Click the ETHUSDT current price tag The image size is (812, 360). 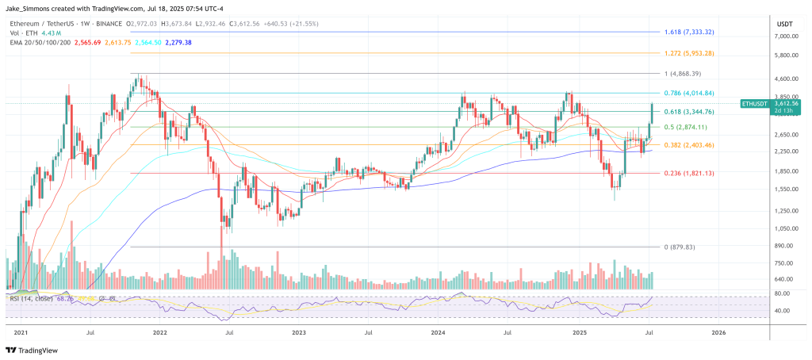(x=756, y=107)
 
